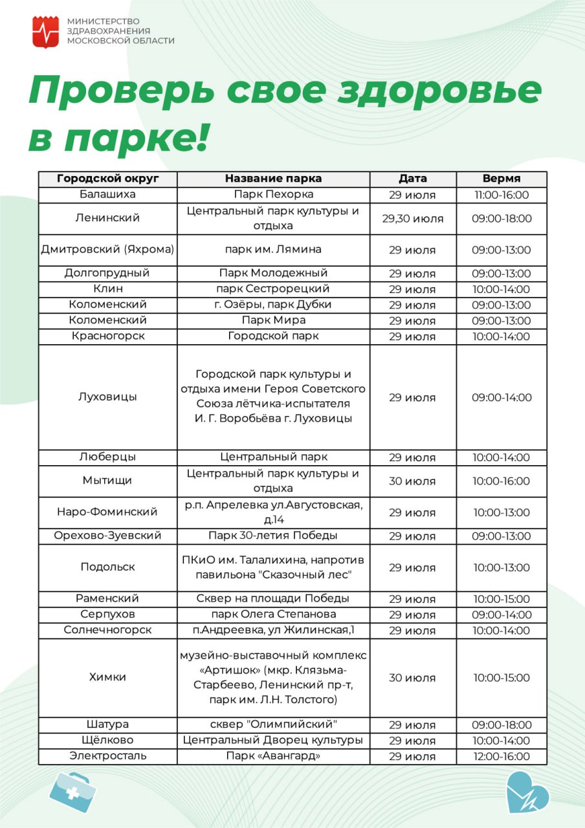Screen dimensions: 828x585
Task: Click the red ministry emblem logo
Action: click(x=45, y=32)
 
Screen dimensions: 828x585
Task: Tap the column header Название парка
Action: click(x=273, y=179)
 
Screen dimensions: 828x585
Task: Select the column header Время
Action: click(x=501, y=179)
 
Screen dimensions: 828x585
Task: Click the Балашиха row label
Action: click(x=107, y=195)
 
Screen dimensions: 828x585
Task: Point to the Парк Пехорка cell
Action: click(x=273, y=195)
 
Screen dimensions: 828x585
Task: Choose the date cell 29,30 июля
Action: click(x=412, y=219)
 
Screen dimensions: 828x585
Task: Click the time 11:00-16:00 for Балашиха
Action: click(x=501, y=195)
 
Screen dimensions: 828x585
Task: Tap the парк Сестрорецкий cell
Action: click(x=273, y=289)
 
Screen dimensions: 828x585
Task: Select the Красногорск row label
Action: click(x=107, y=336)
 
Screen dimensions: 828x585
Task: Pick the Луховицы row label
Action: click(x=107, y=397)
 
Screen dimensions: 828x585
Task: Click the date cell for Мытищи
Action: click(x=412, y=481)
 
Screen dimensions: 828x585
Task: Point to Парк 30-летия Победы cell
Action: click(x=273, y=536)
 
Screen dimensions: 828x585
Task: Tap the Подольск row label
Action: click(x=107, y=567)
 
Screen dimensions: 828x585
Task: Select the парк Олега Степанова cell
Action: click(x=273, y=615)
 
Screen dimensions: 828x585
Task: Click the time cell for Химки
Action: click(x=501, y=678)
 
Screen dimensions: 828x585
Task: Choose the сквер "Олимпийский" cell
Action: click(x=273, y=724)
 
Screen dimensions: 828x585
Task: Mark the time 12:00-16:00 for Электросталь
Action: click(x=501, y=756)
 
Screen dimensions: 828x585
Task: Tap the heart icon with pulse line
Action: click(x=527, y=792)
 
